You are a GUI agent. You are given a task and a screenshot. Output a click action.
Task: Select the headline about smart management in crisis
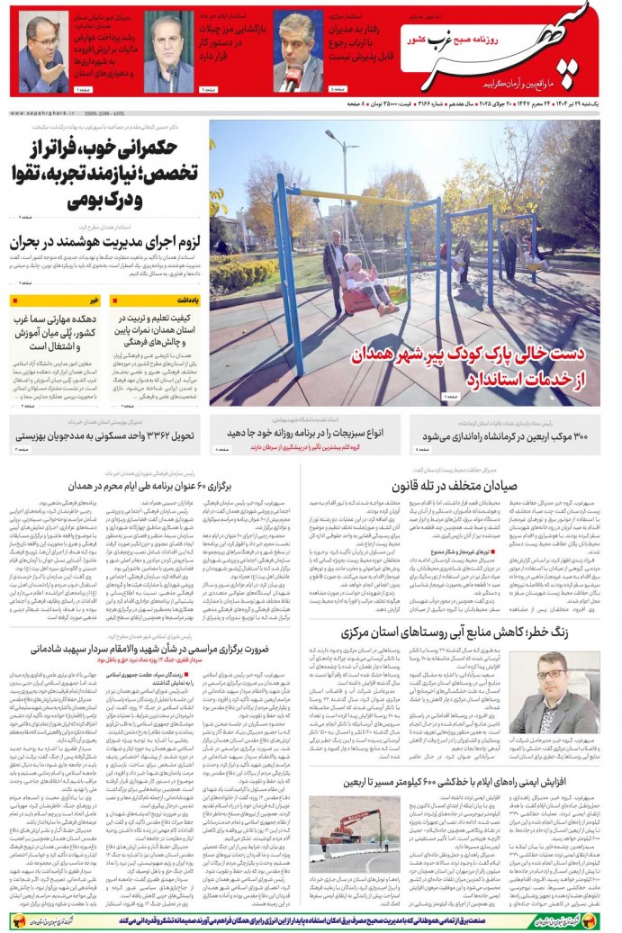(x=104, y=242)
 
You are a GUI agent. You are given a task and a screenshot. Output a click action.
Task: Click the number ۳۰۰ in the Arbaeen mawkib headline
(x=577, y=436)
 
